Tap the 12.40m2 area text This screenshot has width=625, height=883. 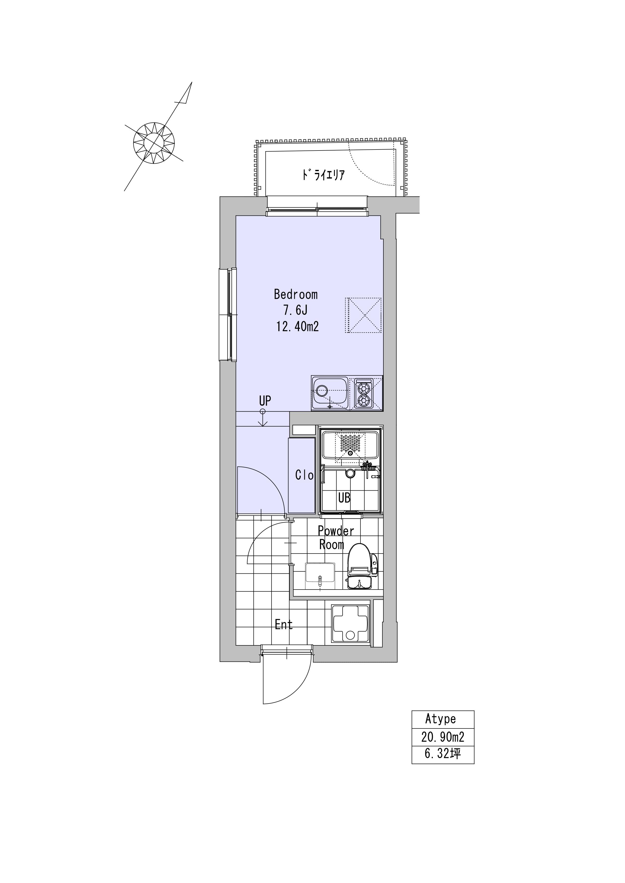coord(297,327)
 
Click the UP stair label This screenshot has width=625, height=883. coord(265,401)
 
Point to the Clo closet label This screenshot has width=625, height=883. coord(304,475)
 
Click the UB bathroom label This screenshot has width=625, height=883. coord(344,498)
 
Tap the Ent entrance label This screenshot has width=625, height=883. coord(284,624)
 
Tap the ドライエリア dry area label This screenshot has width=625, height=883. coord(323,176)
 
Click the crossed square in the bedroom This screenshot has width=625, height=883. coord(363,315)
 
